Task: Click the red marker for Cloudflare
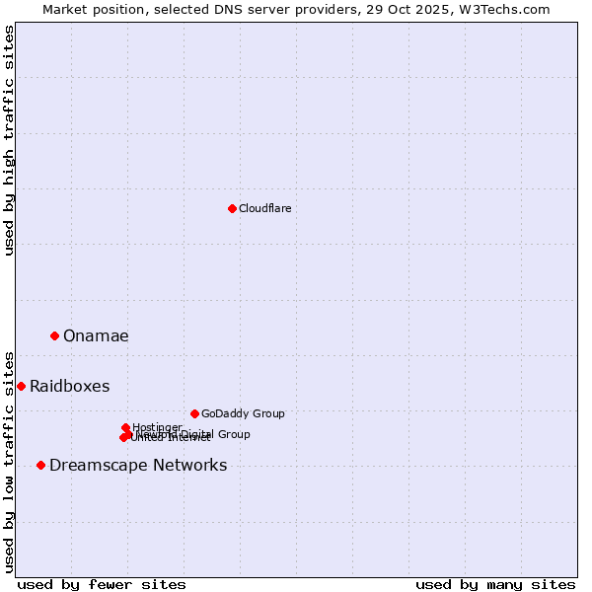[x=232, y=208]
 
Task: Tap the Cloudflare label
[x=264, y=208]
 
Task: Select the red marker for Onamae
[x=54, y=335]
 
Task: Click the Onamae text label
[x=96, y=335]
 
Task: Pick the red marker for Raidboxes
[x=21, y=386]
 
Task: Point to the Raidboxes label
[x=69, y=386]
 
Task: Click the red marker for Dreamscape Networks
[x=40, y=465]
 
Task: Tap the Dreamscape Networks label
[x=138, y=465]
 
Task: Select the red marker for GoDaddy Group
[x=194, y=413]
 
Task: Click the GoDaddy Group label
[x=242, y=413]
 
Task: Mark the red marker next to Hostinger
[x=125, y=427]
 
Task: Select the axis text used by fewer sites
[x=102, y=584]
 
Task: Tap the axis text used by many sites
[x=495, y=584]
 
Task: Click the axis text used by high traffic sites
[x=9, y=140]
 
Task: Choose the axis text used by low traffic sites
[x=9, y=461]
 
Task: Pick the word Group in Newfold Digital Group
[x=233, y=434]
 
